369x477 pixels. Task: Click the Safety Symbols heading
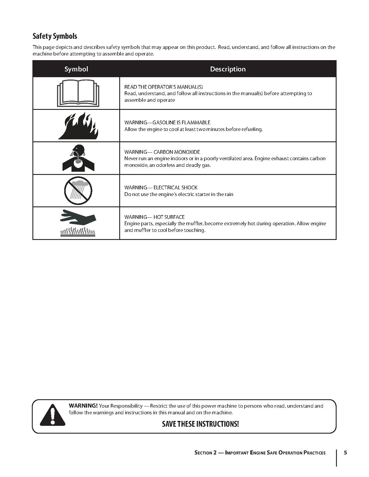pos(55,36)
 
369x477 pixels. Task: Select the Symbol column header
pos(76,69)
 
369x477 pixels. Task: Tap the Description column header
pos(228,69)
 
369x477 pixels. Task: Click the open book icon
pos(78,93)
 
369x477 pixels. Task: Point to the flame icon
pos(78,126)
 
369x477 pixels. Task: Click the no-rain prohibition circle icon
pos(78,191)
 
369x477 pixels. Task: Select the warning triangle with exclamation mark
pos(52,415)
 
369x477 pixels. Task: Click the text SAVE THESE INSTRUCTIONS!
pos(200,424)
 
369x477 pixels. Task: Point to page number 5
pos(345,452)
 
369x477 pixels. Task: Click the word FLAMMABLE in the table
pos(196,123)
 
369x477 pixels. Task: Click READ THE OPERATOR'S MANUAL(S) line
pos(164,87)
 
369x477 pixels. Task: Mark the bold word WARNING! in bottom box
pos(83,406)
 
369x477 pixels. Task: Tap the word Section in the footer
pos(204,453)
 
